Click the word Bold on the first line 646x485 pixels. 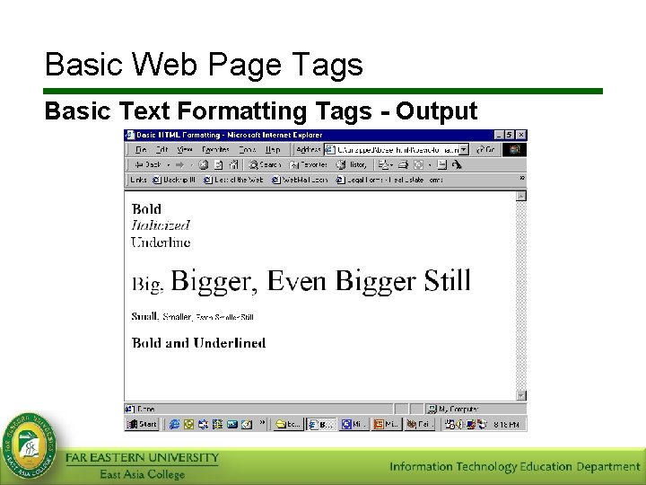tap(146, 209)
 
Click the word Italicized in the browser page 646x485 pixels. tap(161, 225)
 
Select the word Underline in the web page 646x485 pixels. tap(161, 242)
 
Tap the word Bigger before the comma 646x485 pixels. tap(214, 281)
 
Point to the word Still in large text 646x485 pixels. tap(447, 280)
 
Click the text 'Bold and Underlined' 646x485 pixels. tap(198, 342)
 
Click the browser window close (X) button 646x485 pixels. tap(521, 135)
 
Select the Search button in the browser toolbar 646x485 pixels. tap(265, 164)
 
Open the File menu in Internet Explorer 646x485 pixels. tap(142, 149)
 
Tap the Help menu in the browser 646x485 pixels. tap(273, 149)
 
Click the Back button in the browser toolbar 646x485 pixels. tap(147, 164)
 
